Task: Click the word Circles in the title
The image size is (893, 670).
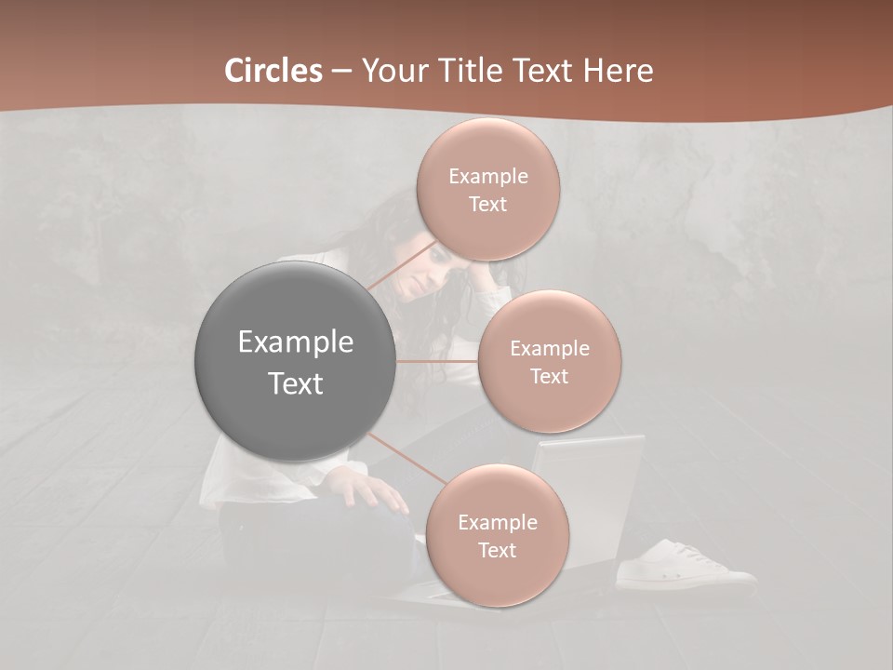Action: pos(273,71)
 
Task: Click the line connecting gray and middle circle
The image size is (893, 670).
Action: pos(437,361)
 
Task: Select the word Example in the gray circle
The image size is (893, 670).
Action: pos(296,342)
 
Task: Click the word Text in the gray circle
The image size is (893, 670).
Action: pos(296,383)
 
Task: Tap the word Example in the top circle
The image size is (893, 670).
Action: pos(488,177)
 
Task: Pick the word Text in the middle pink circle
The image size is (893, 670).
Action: pos(550,377)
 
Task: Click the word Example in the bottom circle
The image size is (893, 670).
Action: pos(498,523)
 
